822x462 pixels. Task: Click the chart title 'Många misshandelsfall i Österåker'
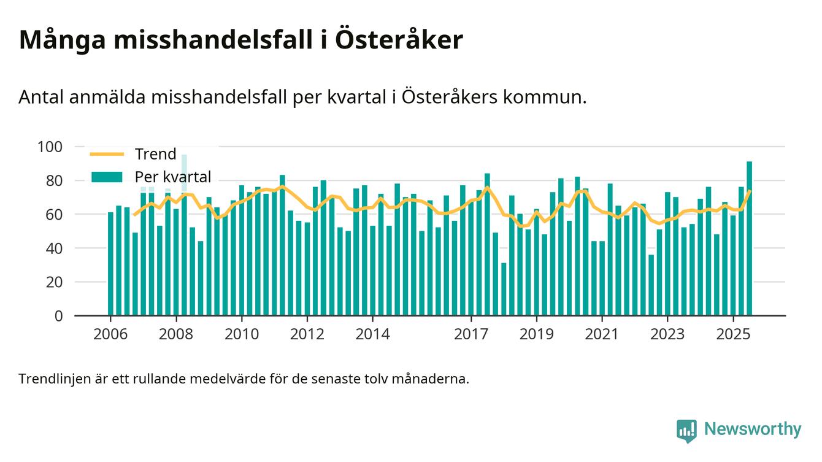pos(240,40)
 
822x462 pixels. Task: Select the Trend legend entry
pos(155,154)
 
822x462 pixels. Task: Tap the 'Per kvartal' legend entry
pos(172,177)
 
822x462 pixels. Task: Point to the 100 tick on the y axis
pos(50,147)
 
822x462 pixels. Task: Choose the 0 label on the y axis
pos(59,316)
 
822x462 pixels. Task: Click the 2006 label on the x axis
pos(110,334)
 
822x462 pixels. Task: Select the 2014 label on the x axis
pos(372,334)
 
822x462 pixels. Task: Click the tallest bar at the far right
pos(749,239)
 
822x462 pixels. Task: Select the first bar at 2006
pos(110,264)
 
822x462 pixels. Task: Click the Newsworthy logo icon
pos(686,430)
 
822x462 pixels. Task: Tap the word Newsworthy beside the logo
pos(752,429)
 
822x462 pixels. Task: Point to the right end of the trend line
pos(750,191)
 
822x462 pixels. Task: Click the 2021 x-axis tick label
pos(602,334)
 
